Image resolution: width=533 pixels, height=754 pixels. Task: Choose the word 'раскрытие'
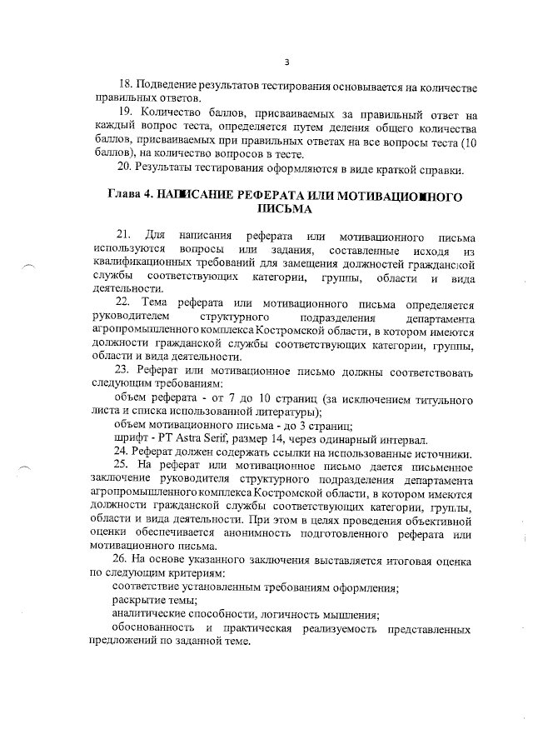138,601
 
